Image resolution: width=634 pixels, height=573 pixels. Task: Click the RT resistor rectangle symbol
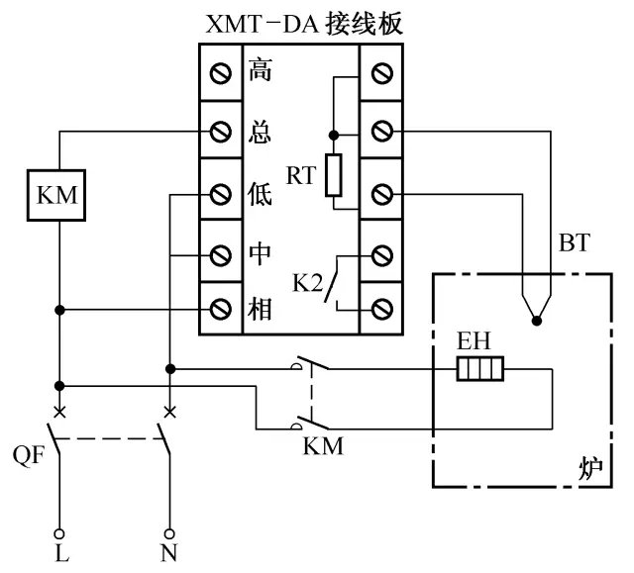tap(334, 174)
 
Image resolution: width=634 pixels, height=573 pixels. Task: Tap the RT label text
tap(301, 176)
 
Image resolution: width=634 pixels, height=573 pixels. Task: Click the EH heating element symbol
tap(481, 370)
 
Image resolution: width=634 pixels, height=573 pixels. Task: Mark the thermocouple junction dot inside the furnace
tap(536, 320)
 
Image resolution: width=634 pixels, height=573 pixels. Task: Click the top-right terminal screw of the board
tap(381, 73)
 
